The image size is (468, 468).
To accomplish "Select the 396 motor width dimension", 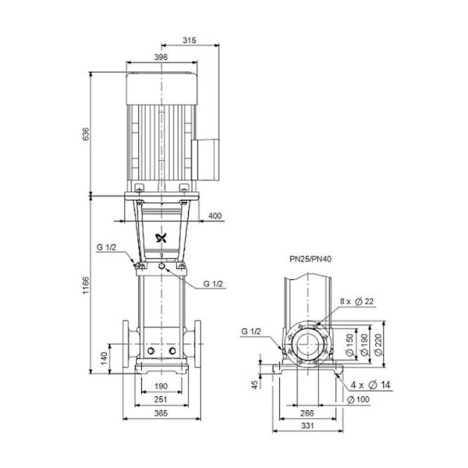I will coord(161,57).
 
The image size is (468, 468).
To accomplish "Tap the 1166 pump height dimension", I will coord(86,284).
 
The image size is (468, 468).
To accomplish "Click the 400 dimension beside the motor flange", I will coord(214,215).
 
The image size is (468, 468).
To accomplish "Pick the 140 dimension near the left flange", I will coord(104,357).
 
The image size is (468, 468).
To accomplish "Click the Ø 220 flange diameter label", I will coord(378,344).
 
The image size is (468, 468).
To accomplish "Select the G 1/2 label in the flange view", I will coord(252,331).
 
